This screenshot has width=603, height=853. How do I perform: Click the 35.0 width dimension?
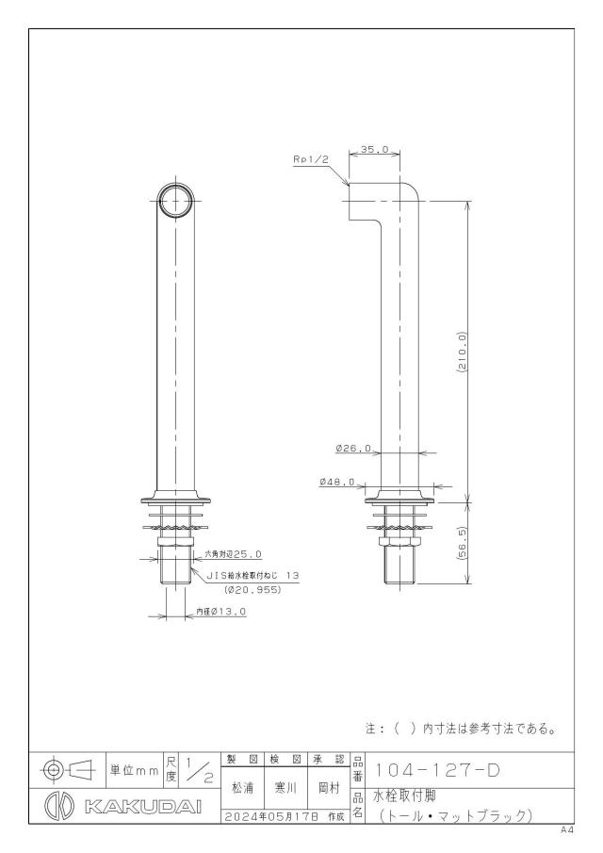tap(375, 149)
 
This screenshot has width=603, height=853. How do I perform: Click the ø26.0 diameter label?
tap(353, 449)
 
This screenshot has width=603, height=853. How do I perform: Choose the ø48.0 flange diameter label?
tap(337, 482)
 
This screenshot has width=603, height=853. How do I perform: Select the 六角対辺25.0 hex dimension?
tap(233, 554)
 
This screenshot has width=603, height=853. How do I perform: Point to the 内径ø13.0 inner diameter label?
tap(221, 612)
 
